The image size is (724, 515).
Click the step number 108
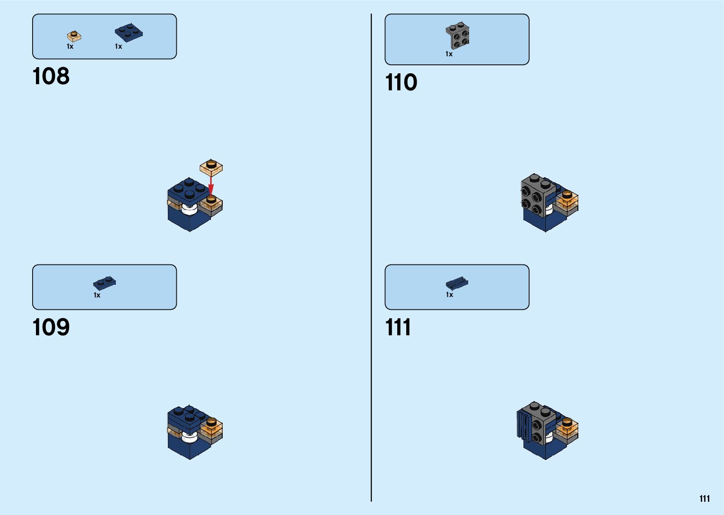pyautogui.click(x=51, y=76)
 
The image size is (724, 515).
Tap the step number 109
pyautogui.click(x=51, y=327)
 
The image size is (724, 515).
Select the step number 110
pyautogui.click(x=401, y=82)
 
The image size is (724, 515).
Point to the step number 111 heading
pyautogui.click(x=398, y=327)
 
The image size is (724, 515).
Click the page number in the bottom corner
pyautogui.click(x=705, y=498)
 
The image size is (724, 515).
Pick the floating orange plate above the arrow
pyautogui.click(x=211, y=167)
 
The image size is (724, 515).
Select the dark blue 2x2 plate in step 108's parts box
pyautogui.click(x=129, y=33)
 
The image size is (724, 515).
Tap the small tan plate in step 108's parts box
pyautogui.click(x=74, y=36)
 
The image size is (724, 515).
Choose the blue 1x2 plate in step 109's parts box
pyautogui.click(x=105, y=283)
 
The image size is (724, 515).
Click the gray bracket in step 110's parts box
pyautogui.click(x=457, y=36)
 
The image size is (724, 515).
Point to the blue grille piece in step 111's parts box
pyautogui.click(x=457, y=283)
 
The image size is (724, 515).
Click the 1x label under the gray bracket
pyautogui.click(x=449, y=54)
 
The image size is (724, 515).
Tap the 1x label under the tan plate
pyautogui.click(x=70, y=46)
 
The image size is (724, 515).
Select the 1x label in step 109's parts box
pyautogui.click(x=97, y=295)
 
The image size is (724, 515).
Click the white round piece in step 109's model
pyautogui.click(x=190, y=436)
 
